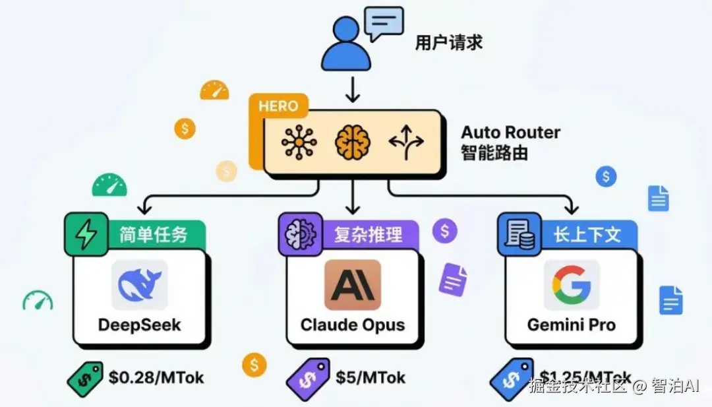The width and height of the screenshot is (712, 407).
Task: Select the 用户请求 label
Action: [x=448, y=43]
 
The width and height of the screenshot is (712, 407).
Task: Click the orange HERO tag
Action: [x=278, y=106]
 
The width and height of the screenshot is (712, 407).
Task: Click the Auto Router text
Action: [x=510, y=132]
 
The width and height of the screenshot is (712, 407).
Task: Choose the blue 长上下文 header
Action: [x=587, y=234]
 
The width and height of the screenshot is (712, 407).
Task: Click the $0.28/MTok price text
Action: [x=156, y=377]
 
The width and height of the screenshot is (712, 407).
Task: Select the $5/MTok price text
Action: [x=371, y=377]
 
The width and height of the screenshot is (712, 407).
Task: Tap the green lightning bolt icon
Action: [x=86, y=234]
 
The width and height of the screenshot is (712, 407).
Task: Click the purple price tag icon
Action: [x=307, y=380]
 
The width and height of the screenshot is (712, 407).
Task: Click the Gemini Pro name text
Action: [x=571, y=325]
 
